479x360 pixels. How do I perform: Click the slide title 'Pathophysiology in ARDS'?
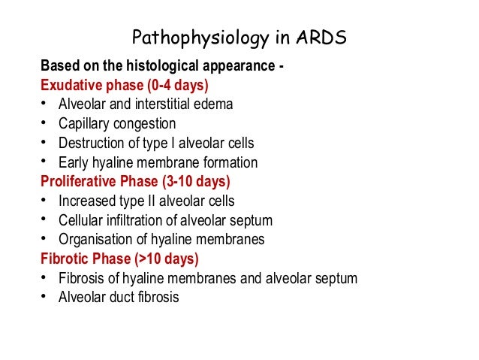[239, 38]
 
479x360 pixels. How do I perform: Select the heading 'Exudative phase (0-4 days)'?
[124, 83]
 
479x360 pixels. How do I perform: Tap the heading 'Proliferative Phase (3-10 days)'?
[135, 182]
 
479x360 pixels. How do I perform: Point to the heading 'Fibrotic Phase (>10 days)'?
[119, 259]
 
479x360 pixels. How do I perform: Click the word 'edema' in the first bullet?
[215, 104]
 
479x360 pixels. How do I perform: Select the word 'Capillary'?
[82, 123]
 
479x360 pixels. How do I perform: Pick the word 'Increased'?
[86, 201]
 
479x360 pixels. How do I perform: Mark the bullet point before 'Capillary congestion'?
[46, 123]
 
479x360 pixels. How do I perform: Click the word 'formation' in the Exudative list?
[228, 162]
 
